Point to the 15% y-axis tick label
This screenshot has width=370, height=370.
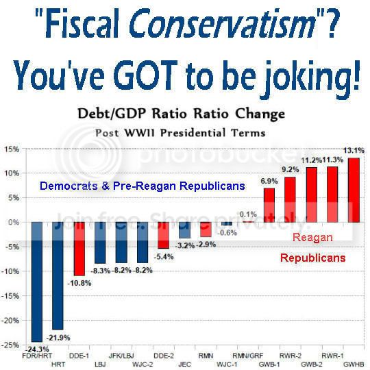click(x=12, y=149)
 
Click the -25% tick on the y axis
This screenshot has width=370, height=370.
click(x=10, y=345)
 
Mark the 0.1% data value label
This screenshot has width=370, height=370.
click(x=247, y=214)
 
